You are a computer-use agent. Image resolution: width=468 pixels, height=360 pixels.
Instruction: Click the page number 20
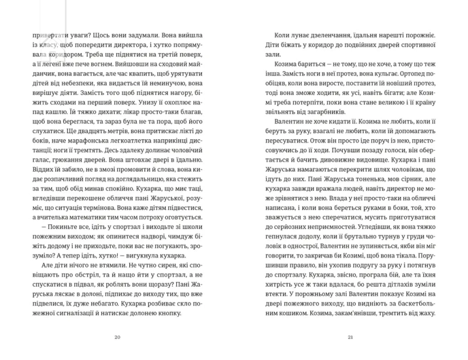click(x=117, y=337)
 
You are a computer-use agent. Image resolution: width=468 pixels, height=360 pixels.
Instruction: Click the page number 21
click(x=350, y=337)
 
